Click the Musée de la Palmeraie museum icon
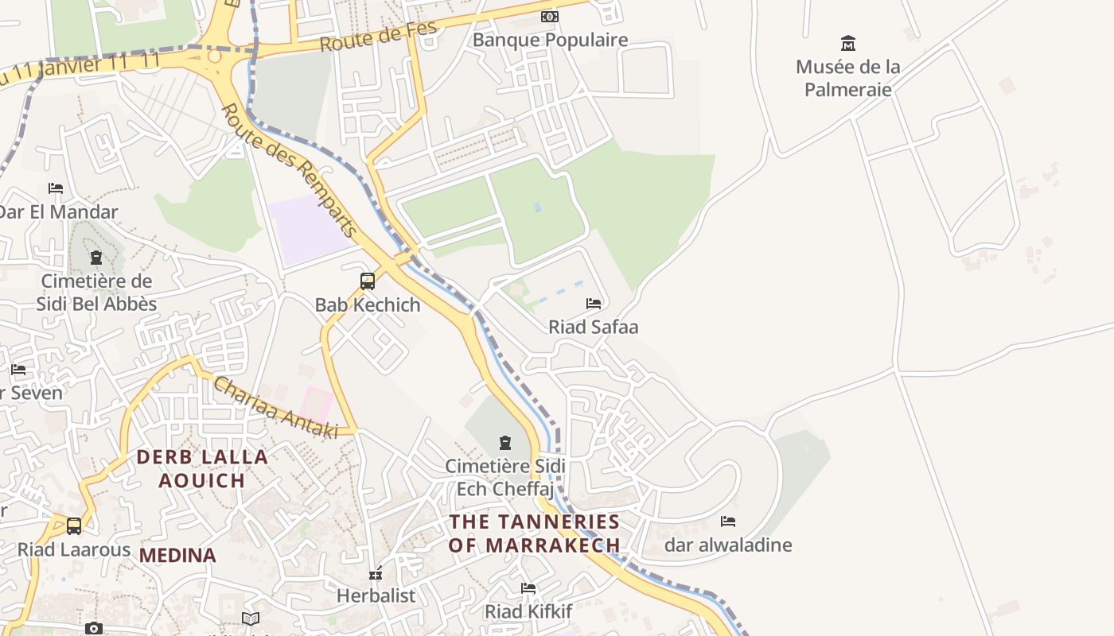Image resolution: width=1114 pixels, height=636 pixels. coord(848,43)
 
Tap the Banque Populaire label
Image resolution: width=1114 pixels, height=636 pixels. coord(550,40)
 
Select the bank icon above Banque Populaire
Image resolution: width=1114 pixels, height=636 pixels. coord(550,17)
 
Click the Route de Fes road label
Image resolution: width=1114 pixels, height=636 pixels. coord(379,37)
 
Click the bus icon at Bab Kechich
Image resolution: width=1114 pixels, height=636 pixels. coord(368,281)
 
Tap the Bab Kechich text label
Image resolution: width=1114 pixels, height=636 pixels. coord(368,304)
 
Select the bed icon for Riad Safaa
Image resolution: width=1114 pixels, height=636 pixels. coord(594,304)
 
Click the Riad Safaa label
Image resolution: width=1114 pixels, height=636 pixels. coord(594,327)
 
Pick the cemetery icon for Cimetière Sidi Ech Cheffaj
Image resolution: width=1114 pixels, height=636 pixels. coord(505,443)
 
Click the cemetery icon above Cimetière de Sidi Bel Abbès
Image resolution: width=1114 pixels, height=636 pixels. coord(96,258)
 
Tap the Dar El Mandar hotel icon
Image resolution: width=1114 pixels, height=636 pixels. coord(56,188)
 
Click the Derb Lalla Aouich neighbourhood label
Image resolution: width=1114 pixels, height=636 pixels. coord(202,468)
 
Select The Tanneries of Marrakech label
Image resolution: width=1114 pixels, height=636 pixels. coord(534,533)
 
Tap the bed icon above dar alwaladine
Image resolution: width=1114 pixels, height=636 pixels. coord(728,522)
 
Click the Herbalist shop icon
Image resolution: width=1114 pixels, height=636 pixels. coord(376,573)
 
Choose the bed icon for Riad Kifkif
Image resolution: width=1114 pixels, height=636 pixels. coord(528,588)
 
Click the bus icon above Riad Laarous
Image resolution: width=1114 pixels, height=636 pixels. coord(74,526)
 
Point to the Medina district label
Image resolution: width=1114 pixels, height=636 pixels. coord(177,556)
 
